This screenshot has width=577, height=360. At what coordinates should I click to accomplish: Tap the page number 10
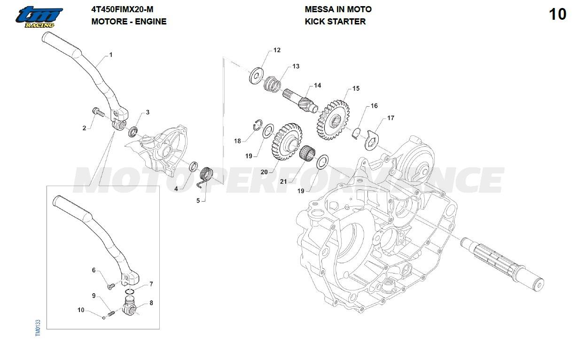click(558, 15)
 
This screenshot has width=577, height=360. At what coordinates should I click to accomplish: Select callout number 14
click(318, 86)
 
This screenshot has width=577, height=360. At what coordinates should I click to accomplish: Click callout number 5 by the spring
click(198, 201)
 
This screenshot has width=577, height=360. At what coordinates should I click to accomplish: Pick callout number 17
click(391, 118)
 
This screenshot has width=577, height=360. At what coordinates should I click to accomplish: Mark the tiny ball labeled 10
click(104, 316)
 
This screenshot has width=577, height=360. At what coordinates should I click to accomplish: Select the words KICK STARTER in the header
click(335, 21)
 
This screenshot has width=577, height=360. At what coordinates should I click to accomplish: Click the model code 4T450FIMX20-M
click(122, 9)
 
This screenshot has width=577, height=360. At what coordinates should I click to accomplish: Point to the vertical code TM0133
click(38, 328)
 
